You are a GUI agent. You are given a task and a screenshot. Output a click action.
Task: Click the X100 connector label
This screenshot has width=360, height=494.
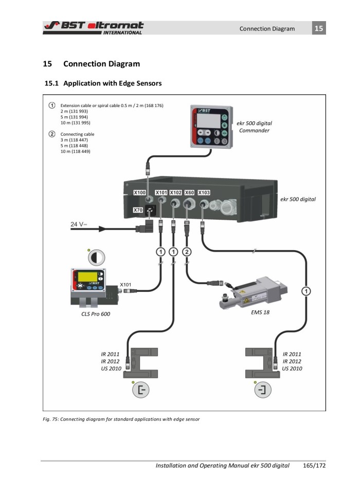pos(139,193)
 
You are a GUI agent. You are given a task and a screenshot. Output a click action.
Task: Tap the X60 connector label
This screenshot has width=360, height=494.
pos(189,193)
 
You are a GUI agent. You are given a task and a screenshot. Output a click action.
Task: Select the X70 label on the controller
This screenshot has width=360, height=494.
pos(138,210)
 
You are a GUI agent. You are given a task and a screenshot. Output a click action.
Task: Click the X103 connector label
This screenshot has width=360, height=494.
pos(207,193)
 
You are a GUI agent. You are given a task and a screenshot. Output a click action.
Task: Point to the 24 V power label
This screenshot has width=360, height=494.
pos(80,224)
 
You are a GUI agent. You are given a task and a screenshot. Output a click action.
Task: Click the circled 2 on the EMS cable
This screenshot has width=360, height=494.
pos(187,252)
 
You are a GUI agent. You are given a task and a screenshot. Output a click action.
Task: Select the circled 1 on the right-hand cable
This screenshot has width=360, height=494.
pos(307,291)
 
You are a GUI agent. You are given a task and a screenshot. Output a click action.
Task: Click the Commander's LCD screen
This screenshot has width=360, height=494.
pos(209,121)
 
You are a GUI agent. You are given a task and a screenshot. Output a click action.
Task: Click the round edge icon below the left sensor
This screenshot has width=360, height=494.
pos(139,392)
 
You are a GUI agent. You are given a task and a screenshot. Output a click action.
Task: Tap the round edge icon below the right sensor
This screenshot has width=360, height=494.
pos(264,392)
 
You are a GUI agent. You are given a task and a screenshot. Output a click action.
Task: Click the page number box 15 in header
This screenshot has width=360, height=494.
pos(319,28)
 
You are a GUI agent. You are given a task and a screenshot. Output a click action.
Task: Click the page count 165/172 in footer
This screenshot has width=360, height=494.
pos(313,466)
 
